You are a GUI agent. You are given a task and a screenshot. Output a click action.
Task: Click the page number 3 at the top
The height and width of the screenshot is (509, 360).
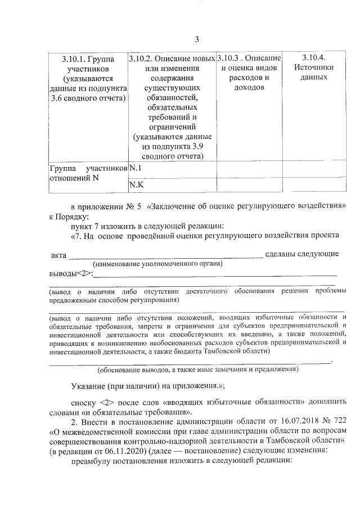[197, 39]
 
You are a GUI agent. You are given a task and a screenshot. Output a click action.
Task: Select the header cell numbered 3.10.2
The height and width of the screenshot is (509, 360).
[171, 106]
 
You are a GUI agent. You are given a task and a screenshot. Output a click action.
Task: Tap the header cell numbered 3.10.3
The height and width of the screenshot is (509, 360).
[249, 73]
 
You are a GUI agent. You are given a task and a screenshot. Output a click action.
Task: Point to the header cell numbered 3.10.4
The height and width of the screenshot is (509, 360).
[313, 67]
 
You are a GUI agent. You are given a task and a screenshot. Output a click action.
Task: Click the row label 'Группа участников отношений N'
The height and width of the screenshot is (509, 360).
[88, 173]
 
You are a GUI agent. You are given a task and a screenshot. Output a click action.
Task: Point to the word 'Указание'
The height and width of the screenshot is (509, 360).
[88, 387]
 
